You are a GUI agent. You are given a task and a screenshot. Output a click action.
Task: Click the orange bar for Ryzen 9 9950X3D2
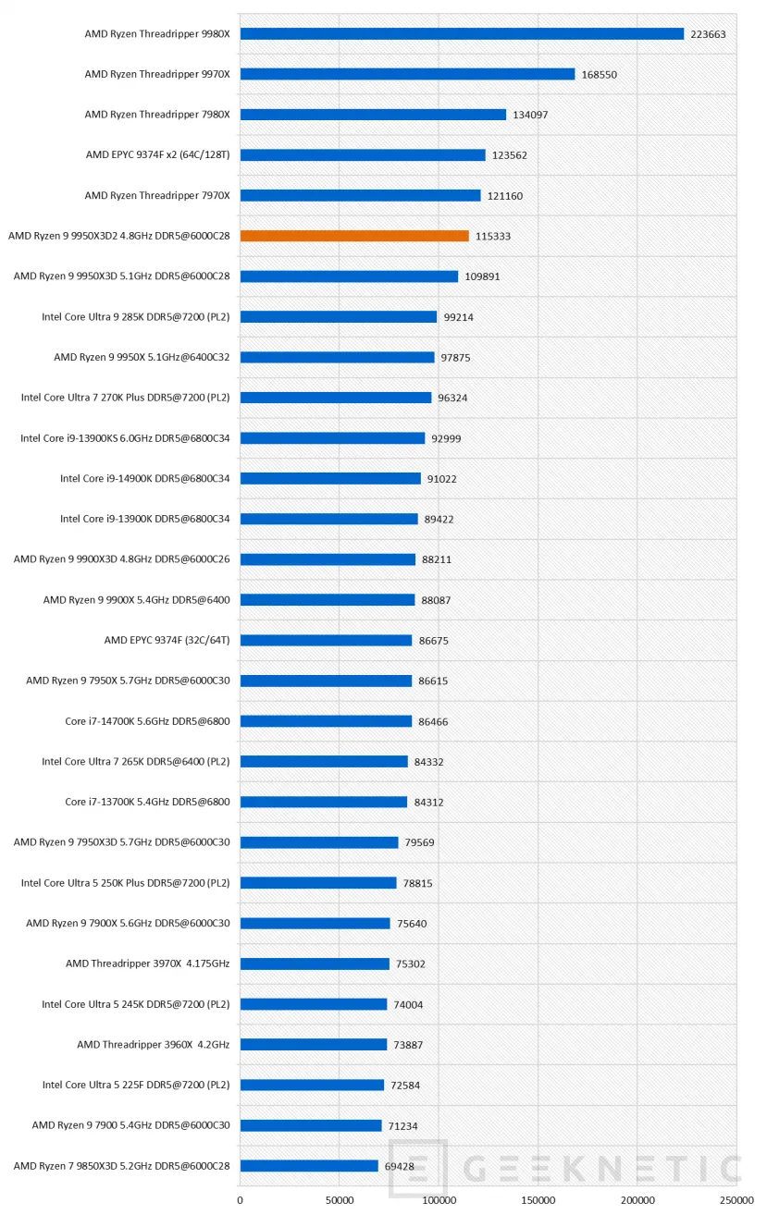[354, 236]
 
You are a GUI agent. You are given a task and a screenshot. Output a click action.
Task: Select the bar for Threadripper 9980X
[462, 33]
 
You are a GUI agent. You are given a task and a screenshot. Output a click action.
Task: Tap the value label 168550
[600, 75]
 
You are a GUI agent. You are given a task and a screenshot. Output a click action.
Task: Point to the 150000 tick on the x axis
[538, 1200]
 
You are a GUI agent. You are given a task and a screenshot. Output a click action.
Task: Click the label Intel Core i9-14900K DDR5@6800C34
[145, 478]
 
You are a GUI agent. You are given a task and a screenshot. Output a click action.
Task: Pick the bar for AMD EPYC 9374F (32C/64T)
[327, 641]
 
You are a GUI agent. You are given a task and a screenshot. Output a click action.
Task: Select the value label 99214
[459, 317]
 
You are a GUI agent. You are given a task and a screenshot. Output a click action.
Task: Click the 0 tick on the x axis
[240, 1200]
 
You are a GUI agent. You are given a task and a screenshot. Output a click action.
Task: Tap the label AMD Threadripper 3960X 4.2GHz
[153, 1045]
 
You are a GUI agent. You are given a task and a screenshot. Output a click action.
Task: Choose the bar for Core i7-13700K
[324, 802]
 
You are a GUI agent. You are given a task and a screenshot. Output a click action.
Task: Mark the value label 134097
[530, 115]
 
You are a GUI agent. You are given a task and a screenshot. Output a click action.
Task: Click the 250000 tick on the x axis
[736, 1200]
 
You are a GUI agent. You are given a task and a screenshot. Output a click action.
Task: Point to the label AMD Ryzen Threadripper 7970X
[157, 195]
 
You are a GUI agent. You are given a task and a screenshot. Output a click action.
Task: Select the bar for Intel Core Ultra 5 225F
[312, 1085]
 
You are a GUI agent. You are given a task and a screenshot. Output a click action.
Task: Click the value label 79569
[420, 842]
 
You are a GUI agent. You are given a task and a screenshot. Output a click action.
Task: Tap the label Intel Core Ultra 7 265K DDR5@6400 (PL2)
[136, 762]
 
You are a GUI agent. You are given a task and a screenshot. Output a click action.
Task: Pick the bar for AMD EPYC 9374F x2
[363, 155]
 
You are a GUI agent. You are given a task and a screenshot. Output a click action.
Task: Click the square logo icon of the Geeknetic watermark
[418, 1168]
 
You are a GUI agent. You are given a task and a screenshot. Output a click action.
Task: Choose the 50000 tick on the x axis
[340, 1200]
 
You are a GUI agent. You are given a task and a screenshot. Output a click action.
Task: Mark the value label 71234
[402, 1126]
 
